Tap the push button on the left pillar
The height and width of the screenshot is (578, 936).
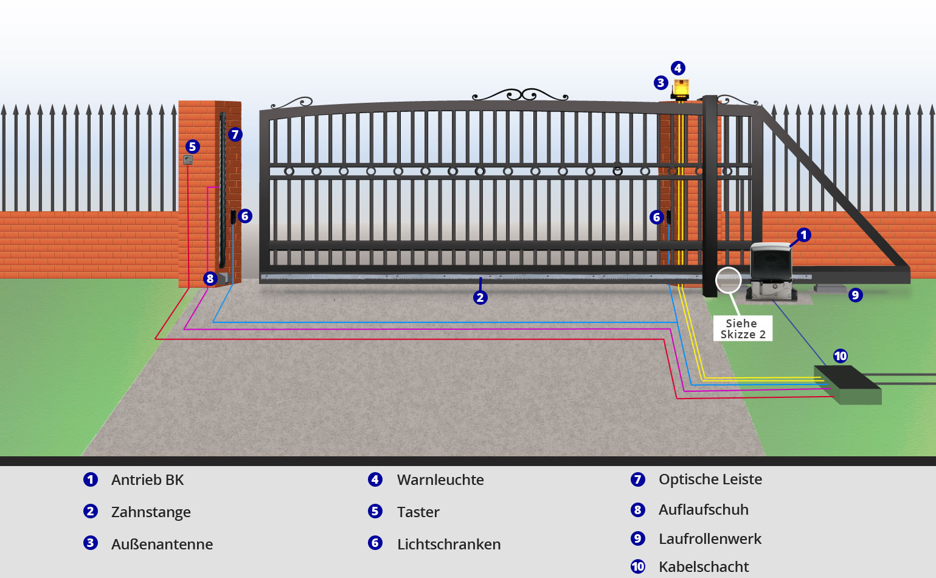pos(188,160)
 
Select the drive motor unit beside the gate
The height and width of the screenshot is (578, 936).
pos(771,271)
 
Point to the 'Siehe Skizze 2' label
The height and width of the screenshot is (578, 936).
pos(743,329)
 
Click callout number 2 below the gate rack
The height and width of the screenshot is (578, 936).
pos(480,298)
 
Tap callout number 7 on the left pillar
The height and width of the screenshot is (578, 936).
pos(235,134)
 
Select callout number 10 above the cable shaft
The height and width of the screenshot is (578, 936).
pos(841,356)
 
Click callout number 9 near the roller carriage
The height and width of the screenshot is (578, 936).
pos(856,295)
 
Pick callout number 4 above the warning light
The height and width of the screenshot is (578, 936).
pos(678,68)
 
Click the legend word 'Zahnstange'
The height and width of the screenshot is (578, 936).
pos(151,512)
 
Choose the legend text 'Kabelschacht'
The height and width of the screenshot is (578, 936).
pos(704,567)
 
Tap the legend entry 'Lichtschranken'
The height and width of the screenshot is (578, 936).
pos(449,545)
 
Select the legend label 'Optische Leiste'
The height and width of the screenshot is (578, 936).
pos(710,479)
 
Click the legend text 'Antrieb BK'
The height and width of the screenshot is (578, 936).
pos(147,480)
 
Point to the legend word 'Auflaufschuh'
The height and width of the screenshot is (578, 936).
pos(704,510)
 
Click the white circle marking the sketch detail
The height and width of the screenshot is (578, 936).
pos(728,280)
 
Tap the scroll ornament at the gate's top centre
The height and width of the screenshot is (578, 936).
pos(521,95)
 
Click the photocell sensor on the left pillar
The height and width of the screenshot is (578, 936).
pos(233,217)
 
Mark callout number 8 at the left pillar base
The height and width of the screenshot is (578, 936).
pos(210,279)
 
